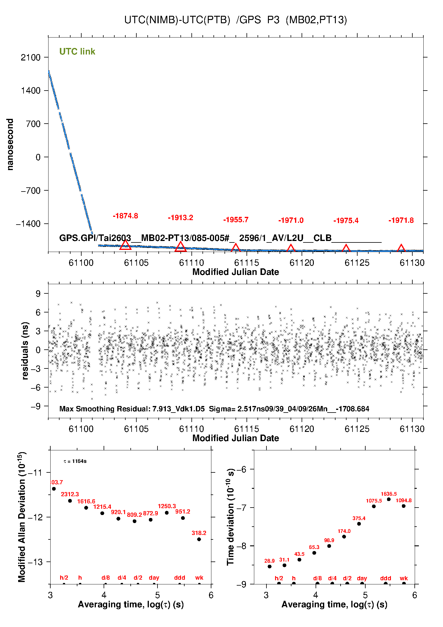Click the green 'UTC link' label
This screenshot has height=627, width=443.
pyautogui.click(x=77, y=52)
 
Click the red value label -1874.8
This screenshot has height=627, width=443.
pyautogui.click(x=125, y=216)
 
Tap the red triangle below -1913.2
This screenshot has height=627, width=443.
pyautogui.click(x=180, y=246)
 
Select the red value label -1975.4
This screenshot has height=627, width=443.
pyautogui.click(x=346, y=221)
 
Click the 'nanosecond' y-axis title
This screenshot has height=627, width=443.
pyautogui.click(x=10, y=144)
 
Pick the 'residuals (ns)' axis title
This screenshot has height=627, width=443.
pyautogui.click(x=25, y=351)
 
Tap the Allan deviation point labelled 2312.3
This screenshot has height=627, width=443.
pyautogui.click(x=70, y=501)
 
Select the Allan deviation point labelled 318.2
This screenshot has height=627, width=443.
pyautogui.click(x=199, y=539)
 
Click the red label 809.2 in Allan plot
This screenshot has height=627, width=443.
pyautogui.click(x=135, y=515)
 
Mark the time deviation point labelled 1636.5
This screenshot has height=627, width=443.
pyautogui.click(x=389, y=499)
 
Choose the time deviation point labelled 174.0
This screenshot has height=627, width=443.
pyautogui.click(x=344, y=536)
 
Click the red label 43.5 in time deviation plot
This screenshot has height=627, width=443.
pyautogui.click(x=299, y=554)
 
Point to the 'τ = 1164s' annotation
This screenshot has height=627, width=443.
pyautogui.click(x=75, y=461)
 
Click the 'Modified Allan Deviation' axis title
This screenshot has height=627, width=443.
pyautogui.click(x=22, y=517)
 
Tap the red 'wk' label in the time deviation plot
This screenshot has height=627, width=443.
pyautogui.click(x=404, y=578)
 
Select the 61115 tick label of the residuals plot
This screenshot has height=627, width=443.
pyautogui.click(x=247, y=429)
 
